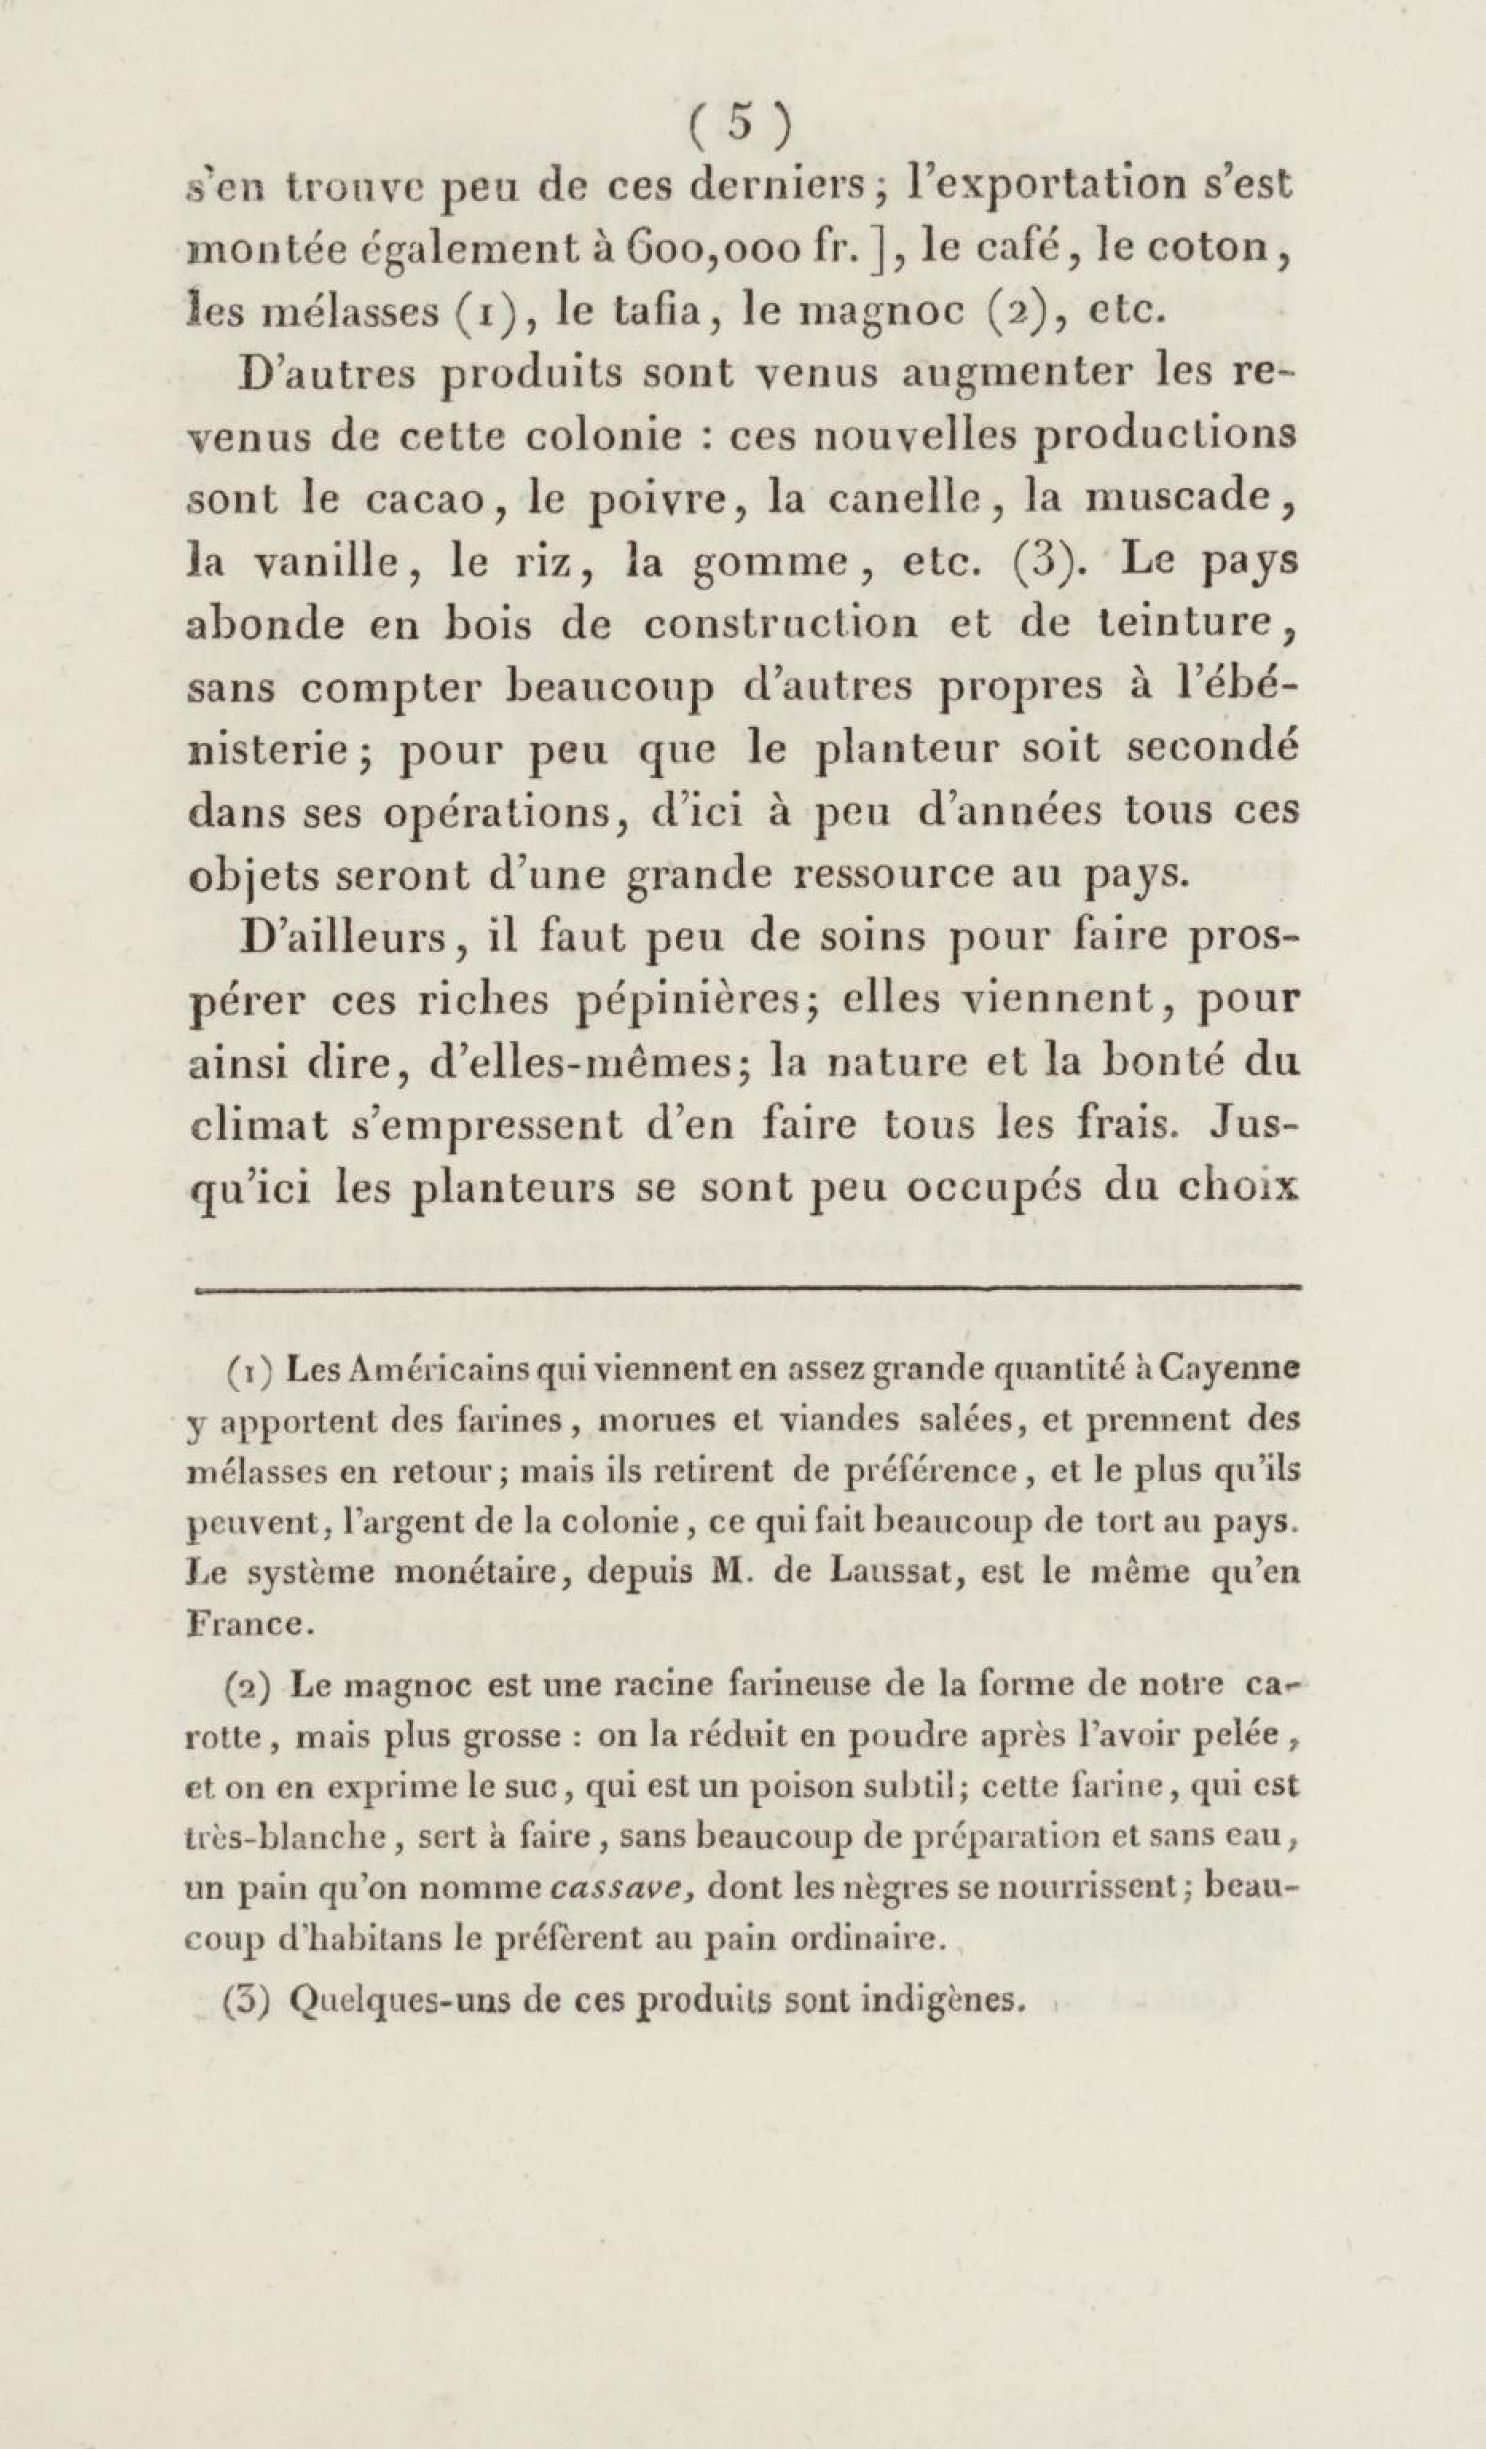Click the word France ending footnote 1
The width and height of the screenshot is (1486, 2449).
(x=250, y=1624)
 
